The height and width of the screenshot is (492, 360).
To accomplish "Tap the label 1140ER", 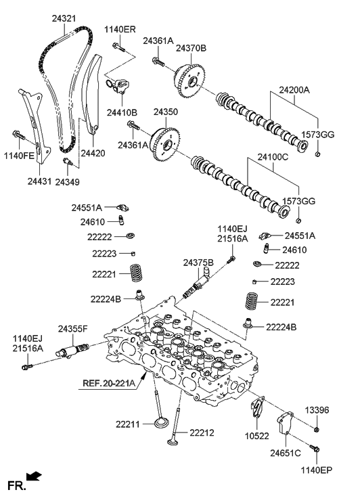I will tap(120, 29).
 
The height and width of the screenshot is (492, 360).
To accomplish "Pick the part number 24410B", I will tap(121, 112).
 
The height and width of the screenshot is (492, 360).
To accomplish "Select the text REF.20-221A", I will tap(109, 383).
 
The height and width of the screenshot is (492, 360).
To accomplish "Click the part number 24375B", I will tap(198, 263).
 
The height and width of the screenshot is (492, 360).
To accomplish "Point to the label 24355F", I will tap(72, 328).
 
